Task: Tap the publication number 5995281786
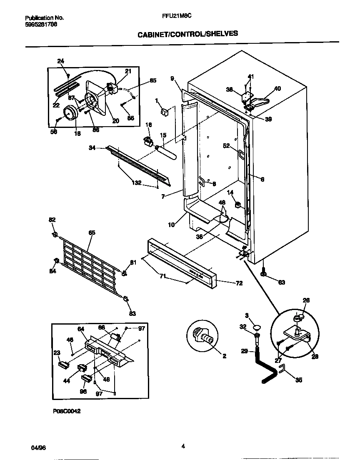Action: pyautogui.click(x=41, y=24)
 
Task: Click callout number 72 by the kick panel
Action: pyautogui.click(x=239, y=283)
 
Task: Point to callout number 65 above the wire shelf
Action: pyautogui.click(x=92, y=232)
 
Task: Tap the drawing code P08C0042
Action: pyautogui.click(x=66, y=410)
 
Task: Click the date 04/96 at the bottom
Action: pyautogui.click(x=38, y=447)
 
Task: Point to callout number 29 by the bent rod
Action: pyautogui.click(x=245, y=352)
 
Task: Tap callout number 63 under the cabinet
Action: pyautogui.click(x=282, y=283)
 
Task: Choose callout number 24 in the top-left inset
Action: pyautogui.click(x=61, y=61)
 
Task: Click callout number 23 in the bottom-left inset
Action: pyautogui.click(x=57, y=352)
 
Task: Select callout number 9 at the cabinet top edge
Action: pyautogui.click(x=172, y=78)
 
